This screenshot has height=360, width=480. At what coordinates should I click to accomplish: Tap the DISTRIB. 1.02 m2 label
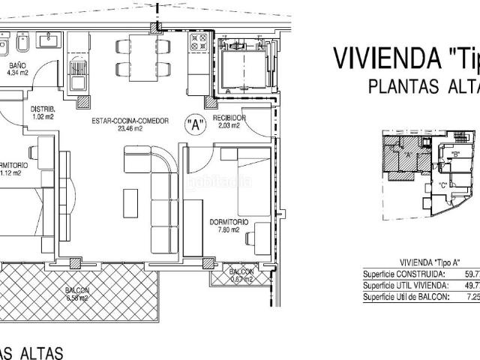[42, 113]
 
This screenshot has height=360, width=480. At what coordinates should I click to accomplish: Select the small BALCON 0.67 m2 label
[241, 275]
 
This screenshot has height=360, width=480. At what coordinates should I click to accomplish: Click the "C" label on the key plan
[443, 184]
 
